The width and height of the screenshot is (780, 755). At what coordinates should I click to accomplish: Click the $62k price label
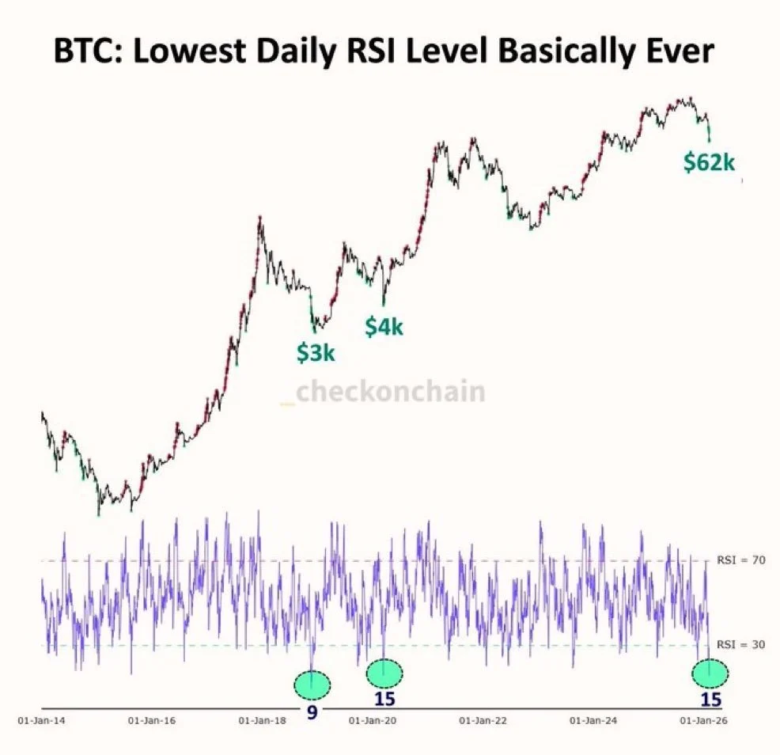[709, 163]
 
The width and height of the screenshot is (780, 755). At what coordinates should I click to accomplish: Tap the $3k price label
[316, 353]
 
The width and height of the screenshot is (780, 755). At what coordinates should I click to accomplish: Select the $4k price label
[384, 325]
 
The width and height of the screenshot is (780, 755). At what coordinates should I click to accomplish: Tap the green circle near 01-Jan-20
[384, 673]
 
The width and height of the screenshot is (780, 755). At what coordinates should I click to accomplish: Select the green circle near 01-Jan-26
[710, 673]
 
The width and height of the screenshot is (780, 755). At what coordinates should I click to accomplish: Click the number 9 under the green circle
[312, 712]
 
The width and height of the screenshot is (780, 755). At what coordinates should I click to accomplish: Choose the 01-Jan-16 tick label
[150, 721]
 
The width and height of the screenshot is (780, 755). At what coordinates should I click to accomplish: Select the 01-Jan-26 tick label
[703, 721]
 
